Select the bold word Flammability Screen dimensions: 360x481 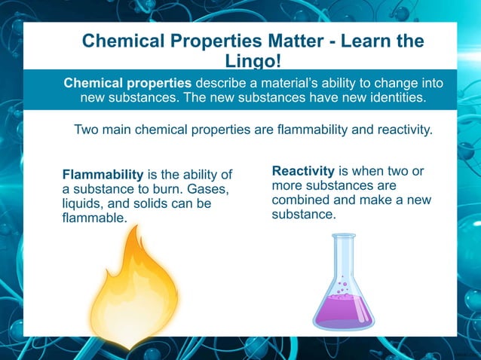[103, 175]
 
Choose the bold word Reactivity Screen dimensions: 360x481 [303, 171]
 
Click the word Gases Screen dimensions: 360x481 [207, 189]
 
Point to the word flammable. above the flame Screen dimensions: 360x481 [93, 218]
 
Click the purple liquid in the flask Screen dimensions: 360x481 [343, 310]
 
